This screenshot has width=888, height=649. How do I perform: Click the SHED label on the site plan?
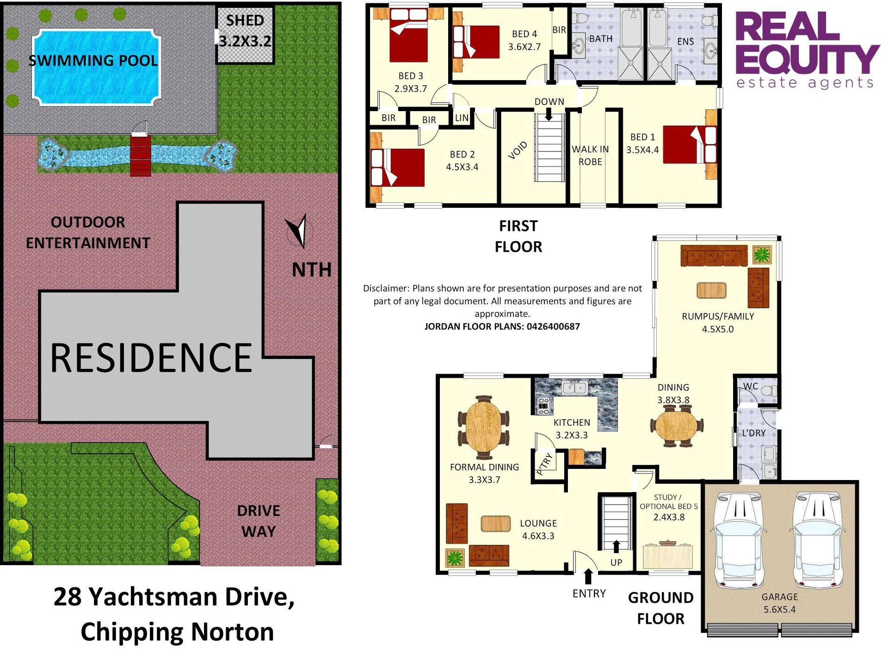coord(245,20)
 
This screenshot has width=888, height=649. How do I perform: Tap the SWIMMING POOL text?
coord(93,61)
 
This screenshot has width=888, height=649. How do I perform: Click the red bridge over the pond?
coord(141,155)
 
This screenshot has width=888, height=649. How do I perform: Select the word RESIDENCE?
coord(151,357)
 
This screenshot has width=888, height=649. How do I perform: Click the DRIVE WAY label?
coord(259,521)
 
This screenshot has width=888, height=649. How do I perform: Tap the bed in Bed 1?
coord(690,144)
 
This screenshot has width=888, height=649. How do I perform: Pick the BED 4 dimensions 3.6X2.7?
coord(524,46)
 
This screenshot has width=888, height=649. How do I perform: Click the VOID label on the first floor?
coord(518,150)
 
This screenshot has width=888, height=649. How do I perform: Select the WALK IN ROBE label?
coord(590,156)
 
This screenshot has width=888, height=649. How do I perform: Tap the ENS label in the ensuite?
coord(685,42)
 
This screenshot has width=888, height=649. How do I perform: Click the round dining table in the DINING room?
coord(676,425)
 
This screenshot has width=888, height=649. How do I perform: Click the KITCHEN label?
coord(572,422)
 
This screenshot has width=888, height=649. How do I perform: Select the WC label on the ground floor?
coord(750,386)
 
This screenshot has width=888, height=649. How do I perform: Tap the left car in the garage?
coord(738,540)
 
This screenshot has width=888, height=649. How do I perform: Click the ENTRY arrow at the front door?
coord(588,576)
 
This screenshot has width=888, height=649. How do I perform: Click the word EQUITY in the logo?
coord(808,59)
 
